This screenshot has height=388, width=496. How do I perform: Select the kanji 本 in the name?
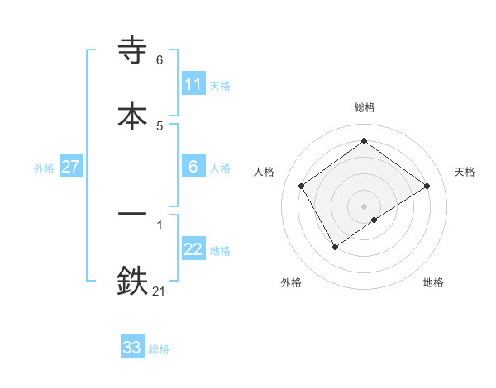tap(133, 115)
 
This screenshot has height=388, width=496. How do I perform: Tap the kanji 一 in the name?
tap(133, 214)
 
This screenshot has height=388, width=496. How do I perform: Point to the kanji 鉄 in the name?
tap(133, 281)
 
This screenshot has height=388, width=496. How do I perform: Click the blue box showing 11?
tap(193, 84)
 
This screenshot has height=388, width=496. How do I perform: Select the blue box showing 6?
tap(193, 167)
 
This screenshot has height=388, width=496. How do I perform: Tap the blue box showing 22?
tap(193, 249)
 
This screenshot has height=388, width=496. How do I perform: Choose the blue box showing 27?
tap(70, 167)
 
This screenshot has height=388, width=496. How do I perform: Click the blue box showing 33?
tap(132, 348)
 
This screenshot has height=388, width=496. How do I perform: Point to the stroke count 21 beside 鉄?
tap(159, 290)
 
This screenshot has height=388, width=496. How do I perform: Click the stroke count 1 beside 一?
tap(160, 225)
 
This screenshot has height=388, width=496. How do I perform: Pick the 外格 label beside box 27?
tap(44, 168)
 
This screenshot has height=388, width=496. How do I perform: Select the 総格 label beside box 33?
tap(159, 349)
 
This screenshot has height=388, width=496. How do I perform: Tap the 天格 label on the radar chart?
tap(465, 172)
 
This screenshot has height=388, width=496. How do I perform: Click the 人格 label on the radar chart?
tap(265, 172)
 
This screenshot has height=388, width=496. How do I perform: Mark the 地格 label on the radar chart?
tap(433, 282)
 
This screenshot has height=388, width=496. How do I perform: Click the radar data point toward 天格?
tap(427, 186)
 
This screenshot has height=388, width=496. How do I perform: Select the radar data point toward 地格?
tap(374, 220)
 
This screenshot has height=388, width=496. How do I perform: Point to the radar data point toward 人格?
tap(302, 186)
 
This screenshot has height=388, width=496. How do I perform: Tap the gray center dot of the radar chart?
tap(365, 206)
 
